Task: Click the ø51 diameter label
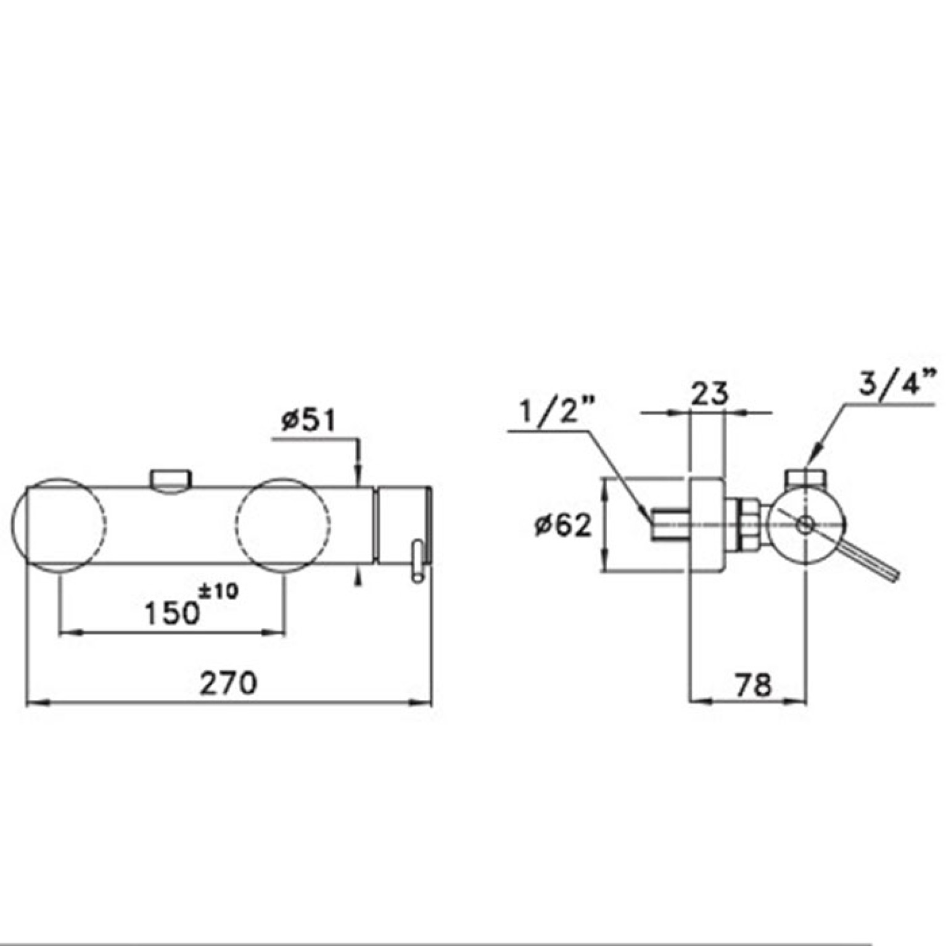pos(309,421)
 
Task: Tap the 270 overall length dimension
pos(228,683)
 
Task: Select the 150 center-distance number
pos(173,613)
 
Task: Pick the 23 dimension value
pos(709,393)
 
